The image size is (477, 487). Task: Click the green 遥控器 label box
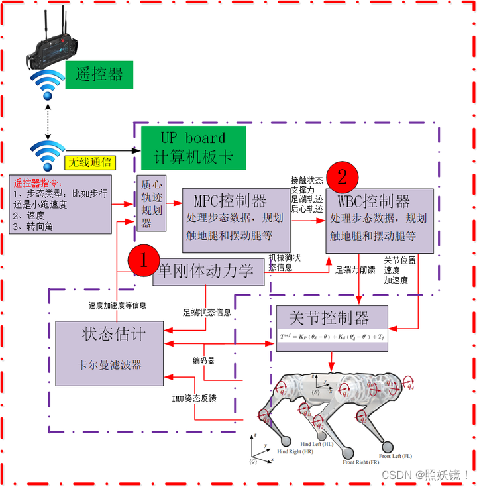pyautogui.click(x=99, y=73)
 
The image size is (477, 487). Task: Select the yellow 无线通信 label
pyautogui.click(x=89, y=162)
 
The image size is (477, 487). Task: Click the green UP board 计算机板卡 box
pyautogui.click(x=193, y=148)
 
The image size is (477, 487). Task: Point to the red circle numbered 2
pyautogui.click(x=342, y=177)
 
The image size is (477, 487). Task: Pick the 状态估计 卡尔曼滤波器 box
pyautogui.click(x=109, y=352)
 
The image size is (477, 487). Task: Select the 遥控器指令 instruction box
pyautogui.click(x=60, y=204)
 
